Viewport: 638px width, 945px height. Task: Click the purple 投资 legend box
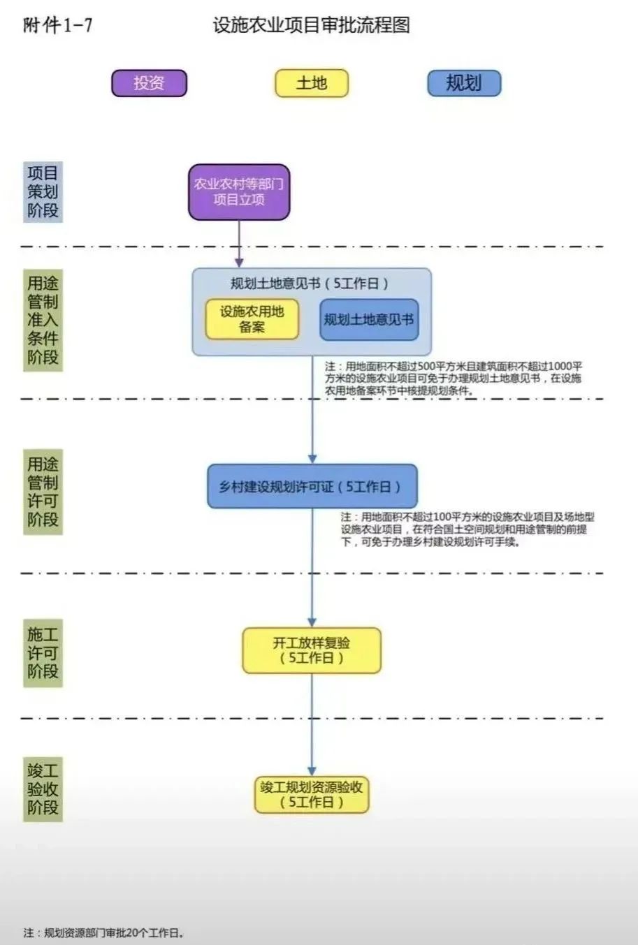149,83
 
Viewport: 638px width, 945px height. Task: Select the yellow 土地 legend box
312,83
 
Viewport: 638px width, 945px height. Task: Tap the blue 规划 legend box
464,83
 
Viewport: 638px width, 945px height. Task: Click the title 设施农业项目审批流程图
312,25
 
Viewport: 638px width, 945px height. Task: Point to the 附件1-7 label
57,25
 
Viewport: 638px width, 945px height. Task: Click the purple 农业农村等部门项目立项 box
239,192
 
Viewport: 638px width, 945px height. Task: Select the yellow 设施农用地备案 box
252,319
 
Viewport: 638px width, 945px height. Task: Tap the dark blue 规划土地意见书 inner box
369,320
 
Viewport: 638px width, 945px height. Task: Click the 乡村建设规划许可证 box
312,486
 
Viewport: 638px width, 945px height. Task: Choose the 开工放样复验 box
312,650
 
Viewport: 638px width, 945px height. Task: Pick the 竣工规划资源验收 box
312,795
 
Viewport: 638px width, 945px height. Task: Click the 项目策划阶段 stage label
43,192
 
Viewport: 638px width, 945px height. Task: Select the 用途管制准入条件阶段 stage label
43,320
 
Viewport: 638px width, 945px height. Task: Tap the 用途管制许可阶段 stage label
43,492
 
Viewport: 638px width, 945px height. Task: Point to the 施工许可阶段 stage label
43,653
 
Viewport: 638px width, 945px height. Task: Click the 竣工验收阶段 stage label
43,789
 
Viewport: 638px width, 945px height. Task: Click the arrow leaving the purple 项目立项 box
239,244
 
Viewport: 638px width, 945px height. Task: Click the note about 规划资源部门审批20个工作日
104,932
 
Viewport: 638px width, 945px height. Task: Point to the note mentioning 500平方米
454,379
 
